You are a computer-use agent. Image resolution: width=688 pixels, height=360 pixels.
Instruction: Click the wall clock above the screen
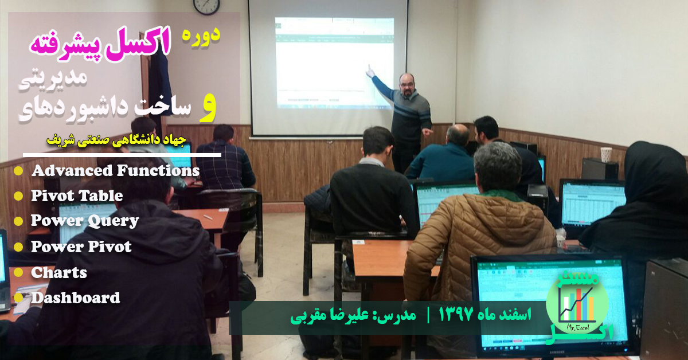tap(206, 5)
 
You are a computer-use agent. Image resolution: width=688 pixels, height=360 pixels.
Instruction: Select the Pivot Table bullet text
tap(77, 196)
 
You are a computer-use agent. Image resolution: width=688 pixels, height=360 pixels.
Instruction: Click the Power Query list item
tap(85, 221)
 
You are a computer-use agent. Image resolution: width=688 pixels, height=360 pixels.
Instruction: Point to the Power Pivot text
tap(81, 247)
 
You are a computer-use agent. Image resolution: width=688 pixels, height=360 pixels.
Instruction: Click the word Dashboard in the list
tap(76, 298)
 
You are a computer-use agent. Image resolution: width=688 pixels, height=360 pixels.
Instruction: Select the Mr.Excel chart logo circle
tap(569, 303)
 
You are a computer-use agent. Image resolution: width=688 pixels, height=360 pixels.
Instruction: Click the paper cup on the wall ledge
tap(606, 154)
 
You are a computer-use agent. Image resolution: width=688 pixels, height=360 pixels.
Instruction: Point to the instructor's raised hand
tap(370, 71)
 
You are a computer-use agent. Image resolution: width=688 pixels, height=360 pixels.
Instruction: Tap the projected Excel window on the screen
tap(334, 62)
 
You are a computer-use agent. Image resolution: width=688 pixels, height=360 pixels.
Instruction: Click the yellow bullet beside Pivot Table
tap(18, 196)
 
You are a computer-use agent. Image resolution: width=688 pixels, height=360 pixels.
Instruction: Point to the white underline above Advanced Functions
tap(122, 155)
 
